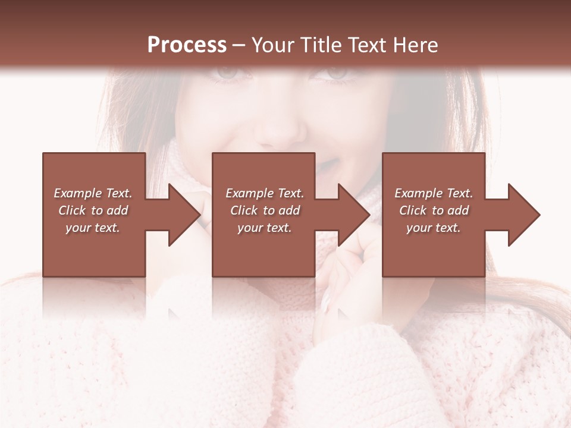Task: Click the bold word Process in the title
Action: pyautogui.click(x=187, y=45)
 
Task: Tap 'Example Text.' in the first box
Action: pyautogui.click(x=93, y=193)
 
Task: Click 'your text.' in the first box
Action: pyautogui.click(x=93, y=228)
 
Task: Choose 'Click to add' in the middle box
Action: pyautogui.click(x=265, y=210)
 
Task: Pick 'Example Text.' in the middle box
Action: pyautogui.click(x=265, y=193)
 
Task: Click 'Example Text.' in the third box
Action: pyautogui.click(x=434, y=193)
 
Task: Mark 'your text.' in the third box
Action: pyautogui.click(x=434, y=228)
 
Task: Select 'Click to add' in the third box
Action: pyautogui.click(x=434, y=210)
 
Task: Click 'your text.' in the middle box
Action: pyautogui.click(x=265, y=228)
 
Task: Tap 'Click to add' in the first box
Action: pyautogui.click(x=93, y=210)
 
